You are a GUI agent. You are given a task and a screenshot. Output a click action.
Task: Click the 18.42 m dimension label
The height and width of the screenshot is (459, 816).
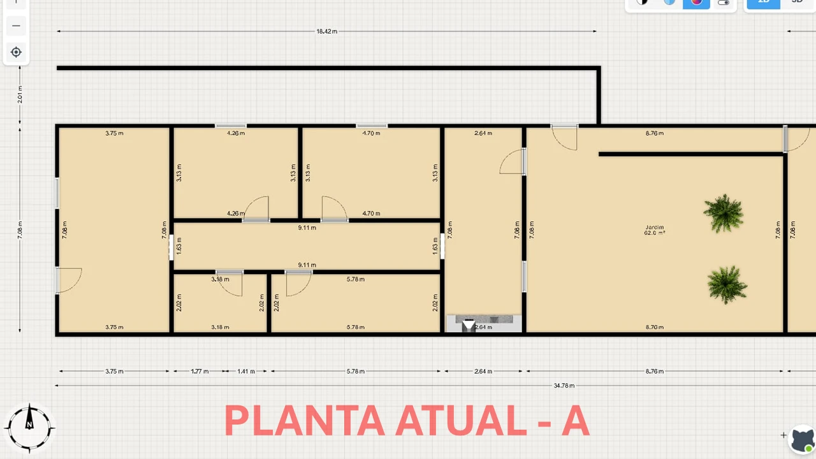point(326,31)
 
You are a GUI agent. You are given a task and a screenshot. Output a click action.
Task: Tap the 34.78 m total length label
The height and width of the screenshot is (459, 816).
point(564,386)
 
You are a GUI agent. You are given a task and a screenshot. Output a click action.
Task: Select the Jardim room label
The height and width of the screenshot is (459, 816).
point(654,228)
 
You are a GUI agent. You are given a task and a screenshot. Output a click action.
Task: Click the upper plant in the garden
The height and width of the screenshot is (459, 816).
point(724,213)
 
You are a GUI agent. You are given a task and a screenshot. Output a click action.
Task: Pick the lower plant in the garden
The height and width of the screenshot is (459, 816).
point(727,284)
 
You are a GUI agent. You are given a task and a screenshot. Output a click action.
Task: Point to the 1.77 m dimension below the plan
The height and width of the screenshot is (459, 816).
point(200,371)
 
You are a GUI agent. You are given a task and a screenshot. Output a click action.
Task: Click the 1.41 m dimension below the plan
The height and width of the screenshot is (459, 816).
point(246,371)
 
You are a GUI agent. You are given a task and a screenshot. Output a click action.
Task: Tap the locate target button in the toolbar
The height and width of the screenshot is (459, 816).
point(17,52)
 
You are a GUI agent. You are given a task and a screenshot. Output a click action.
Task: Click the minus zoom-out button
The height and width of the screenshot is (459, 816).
point(17,26)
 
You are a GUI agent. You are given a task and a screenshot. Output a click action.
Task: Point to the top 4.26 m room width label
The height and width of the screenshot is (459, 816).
point(236,133)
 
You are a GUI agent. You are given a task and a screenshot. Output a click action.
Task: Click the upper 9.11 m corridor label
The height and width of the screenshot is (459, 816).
point(307,228)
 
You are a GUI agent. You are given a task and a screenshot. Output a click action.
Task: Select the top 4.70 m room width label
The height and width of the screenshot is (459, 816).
point(371,133)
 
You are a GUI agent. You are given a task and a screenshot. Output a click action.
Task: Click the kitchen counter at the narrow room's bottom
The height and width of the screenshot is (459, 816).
point(484,323)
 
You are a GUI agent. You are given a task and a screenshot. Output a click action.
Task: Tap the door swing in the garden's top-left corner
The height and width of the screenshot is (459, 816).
point(564,138)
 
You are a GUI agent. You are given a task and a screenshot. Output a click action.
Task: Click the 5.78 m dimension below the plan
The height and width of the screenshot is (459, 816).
point(355,371)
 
